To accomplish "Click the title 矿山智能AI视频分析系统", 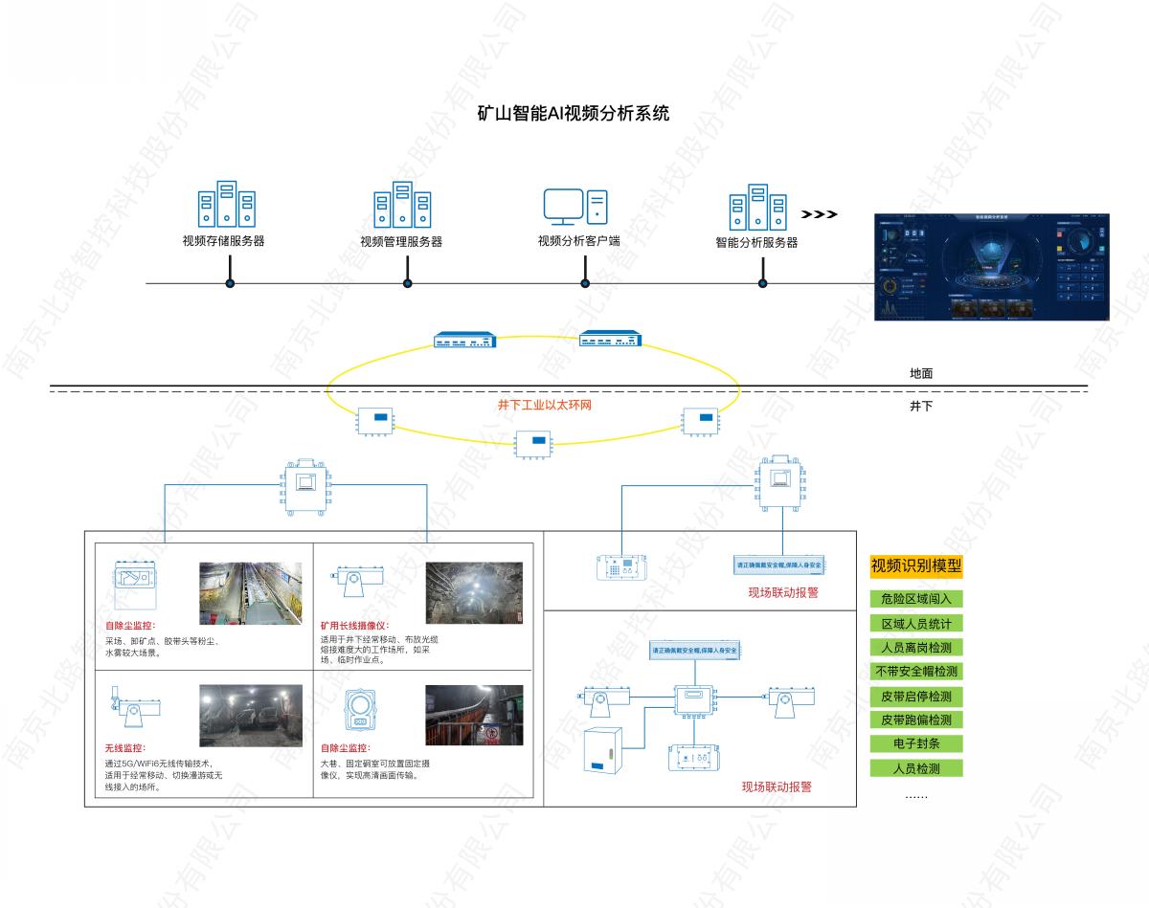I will (573, 113).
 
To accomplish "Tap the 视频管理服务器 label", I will (401, 242).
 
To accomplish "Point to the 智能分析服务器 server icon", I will (757, 207).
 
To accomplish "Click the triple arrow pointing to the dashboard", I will (819, 214).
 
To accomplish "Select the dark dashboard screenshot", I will (997, 266).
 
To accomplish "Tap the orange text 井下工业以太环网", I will (544, 406).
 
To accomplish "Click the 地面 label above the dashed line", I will (920, 374).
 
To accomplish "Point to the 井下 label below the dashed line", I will (920, 407).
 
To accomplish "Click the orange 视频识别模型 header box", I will (915, 565).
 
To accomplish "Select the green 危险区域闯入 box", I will (915, 600).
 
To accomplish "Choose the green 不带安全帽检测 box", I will (915, 672).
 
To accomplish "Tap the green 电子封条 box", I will (915, 743).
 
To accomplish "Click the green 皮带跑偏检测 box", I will (915, 720).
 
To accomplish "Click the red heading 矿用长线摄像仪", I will (353, 626).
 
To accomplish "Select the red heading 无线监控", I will (124, 747).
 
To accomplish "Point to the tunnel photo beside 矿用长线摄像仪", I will (474, 593).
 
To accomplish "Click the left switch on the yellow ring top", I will (465, 340).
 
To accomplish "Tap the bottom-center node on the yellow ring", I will (536, 442).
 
